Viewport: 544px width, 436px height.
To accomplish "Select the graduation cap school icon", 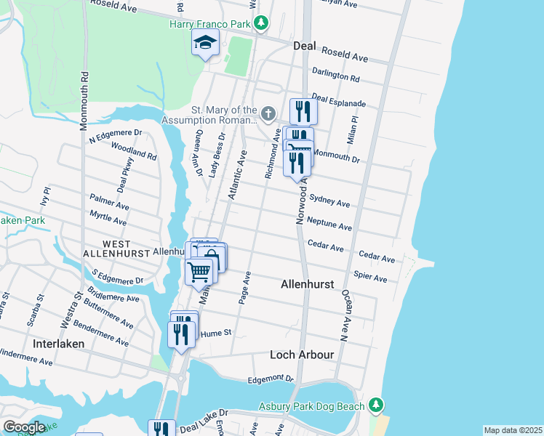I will click(205, 44).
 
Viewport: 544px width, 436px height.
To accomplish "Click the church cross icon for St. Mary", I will click(268, 113).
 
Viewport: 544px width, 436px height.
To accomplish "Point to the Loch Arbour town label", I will click(301, 355).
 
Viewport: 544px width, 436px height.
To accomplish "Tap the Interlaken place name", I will click(59, 342).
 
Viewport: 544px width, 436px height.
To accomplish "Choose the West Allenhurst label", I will click(106, 249).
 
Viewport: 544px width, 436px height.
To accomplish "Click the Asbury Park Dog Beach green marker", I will click(375, 404).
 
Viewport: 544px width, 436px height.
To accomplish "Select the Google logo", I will click(24, 427).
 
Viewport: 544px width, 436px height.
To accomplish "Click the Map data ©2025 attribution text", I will click(512, 430).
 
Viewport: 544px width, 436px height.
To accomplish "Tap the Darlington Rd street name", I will click(335, 75).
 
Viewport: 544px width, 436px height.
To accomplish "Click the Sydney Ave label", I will click(329, 200).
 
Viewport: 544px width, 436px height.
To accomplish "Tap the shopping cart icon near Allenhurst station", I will click(199, 272).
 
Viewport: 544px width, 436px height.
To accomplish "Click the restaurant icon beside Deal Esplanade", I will click(300, 111).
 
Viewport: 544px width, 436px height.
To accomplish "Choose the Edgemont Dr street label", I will click(270, 379).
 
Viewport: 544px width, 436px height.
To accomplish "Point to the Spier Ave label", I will click(369, 275).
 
